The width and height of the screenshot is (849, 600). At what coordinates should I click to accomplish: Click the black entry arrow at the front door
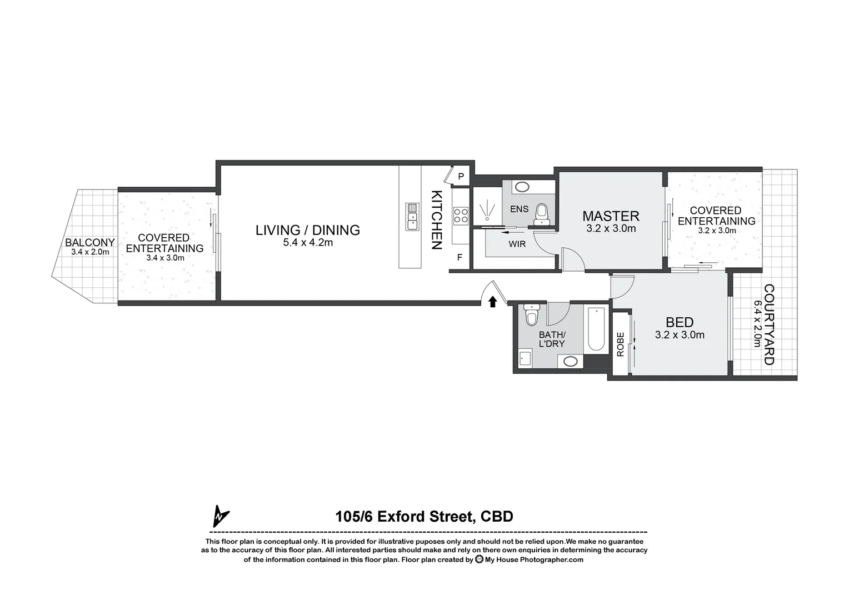[492, 301]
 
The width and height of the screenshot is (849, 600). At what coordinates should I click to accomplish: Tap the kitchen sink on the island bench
[412, 216]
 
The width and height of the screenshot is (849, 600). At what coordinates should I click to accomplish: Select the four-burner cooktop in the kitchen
[461, 215]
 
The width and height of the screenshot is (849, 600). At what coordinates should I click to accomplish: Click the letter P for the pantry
[461, 177]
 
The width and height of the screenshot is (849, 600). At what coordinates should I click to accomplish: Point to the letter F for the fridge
[460, 257]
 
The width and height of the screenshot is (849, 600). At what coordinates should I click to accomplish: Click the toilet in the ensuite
[541, 214]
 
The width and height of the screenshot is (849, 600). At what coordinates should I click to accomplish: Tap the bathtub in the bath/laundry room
[596, 329]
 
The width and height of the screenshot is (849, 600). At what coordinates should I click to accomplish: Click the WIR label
[517, 244]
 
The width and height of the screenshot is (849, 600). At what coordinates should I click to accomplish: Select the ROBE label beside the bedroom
[621, 344]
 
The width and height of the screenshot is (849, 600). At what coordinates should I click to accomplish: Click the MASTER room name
[611, 216]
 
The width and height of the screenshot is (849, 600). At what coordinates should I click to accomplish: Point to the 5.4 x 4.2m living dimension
[307, 242]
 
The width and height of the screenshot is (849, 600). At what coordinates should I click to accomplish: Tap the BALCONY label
[90, 242]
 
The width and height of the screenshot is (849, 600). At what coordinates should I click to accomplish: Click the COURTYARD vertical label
[768, 324]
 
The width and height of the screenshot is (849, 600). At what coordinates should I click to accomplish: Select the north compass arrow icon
[221, 516]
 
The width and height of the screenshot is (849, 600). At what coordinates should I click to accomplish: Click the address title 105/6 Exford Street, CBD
[424, 517]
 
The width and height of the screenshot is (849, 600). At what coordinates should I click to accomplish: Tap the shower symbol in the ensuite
[487, 209]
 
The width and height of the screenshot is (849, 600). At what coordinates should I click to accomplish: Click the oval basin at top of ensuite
[522, 187]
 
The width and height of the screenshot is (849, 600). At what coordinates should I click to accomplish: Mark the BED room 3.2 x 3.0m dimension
[680, 335]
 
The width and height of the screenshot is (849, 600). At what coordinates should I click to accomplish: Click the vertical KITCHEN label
[437, 220]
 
